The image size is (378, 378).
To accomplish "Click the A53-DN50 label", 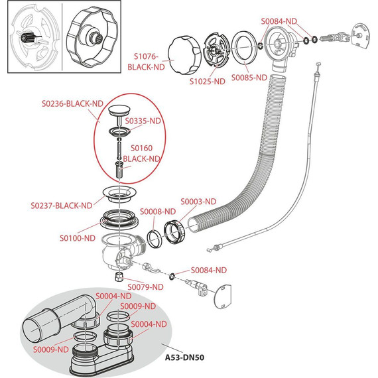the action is click(184, 357).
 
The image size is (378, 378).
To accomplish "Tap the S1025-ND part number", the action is click(207, 82).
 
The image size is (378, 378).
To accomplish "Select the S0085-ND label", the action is click(249, 78).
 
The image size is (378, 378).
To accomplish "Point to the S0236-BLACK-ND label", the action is click(72, 103).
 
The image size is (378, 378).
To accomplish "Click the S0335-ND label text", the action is click(143, 121).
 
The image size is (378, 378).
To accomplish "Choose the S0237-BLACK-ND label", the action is click(62, 206).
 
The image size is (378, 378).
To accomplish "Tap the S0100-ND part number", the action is click(78, 238).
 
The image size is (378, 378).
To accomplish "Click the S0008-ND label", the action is click(158, 212).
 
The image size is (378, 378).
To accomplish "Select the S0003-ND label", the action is click(198, 202).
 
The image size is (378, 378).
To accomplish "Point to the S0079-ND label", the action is click(145, 287).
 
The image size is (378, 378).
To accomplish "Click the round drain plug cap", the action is click(119, 110).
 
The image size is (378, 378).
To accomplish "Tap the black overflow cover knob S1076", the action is click(184, 55).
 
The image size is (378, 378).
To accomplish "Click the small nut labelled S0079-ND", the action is click(119, 277).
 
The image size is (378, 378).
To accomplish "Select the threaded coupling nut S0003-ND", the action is click(174, 232).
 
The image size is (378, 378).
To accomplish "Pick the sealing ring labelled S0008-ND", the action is click(153, 239).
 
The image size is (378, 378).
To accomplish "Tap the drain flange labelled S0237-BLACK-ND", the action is click(119, 194).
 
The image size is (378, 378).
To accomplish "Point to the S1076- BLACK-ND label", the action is click(146, 62).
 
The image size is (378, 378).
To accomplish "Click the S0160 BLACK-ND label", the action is click(141, 153).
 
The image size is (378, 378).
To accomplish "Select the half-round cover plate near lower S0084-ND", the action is click(222, 296).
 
